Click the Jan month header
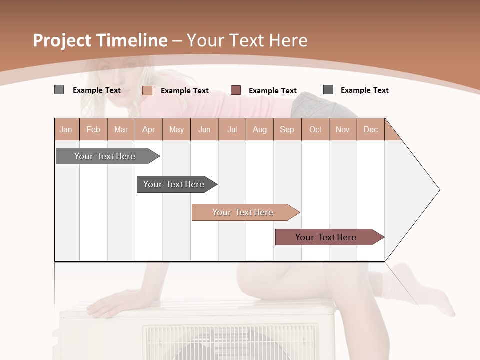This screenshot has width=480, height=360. coord(66,129)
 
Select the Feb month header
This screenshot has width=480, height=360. coord(93,129)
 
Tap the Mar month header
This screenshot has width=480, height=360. coord(121,129)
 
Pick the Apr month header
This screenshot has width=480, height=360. coord(149,129)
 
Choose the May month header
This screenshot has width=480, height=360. coord(176,129)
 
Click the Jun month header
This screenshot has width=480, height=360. coord(204,129)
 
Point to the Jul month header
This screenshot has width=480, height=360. coord(232,129)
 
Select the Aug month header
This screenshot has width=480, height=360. coord(260,129)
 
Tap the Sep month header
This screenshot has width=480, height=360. coord(287,129)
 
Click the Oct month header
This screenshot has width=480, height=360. coord(315,129)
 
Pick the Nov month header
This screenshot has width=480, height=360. coord(343,129)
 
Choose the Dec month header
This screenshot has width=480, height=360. coord(371,129)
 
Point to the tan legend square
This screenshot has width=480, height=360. coord(147,90)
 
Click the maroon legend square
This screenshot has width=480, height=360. coord(236,90)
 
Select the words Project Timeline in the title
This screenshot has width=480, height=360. coord(100,40)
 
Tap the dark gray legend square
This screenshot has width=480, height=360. coord(328,90)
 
